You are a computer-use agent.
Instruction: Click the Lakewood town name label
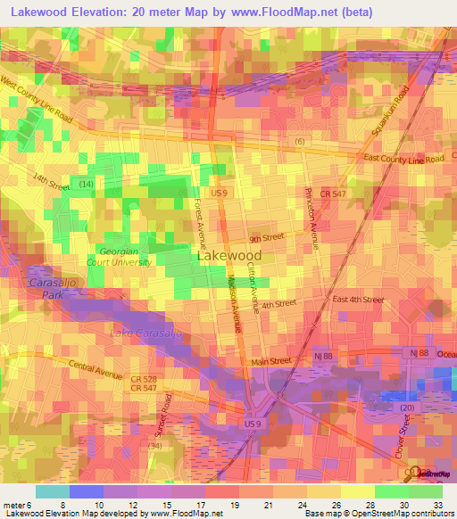[x=228, y=255]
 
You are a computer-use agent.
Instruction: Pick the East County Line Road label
[x=404, y=158]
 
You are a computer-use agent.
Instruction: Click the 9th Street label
[x=266, y=238]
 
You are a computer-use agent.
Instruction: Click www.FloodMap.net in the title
[x=292, y=13]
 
